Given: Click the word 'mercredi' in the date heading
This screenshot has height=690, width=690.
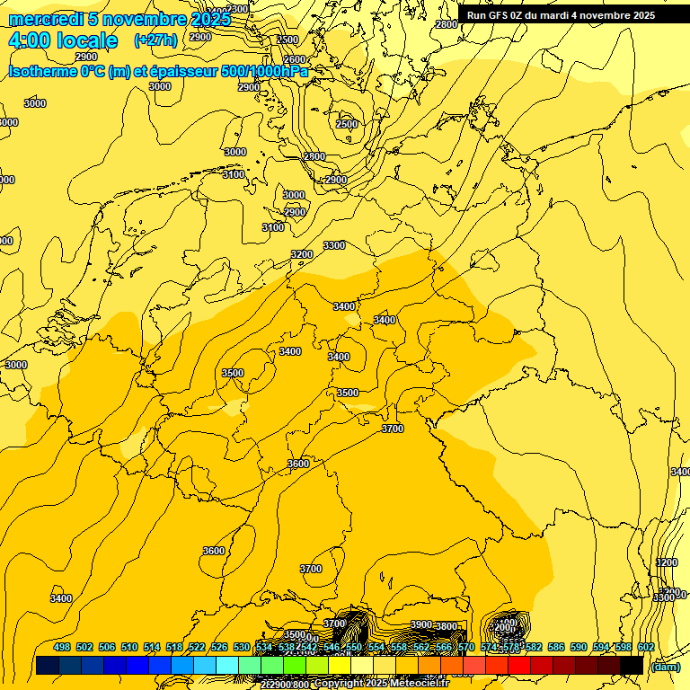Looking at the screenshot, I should click(x=46, y=18).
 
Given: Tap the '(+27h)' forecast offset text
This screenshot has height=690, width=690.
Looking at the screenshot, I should click(x=155, y=40).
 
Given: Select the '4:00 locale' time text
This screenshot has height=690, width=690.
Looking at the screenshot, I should click(x=63, y=40).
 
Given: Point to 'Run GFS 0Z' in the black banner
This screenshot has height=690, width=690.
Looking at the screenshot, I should click(x=494, y=15).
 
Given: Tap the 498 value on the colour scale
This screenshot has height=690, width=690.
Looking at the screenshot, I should click(x=62, y=647).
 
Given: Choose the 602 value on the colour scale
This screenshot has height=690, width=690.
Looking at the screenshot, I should click(x=646, y=647).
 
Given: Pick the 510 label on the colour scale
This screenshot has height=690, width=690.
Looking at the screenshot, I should click(x=129, y=647).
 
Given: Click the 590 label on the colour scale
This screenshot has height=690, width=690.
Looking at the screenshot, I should click(x=579, y=647).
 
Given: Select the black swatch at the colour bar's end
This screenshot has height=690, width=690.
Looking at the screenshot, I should click(x=632, y=665).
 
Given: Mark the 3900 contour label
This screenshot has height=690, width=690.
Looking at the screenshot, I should click(x=421, y=624).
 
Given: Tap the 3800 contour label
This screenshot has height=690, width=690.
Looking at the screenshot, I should click(x=447, y=626).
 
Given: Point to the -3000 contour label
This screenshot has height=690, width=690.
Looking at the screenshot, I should click(x=15, y=365).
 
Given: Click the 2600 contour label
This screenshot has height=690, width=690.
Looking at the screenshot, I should click(x=294, y=59).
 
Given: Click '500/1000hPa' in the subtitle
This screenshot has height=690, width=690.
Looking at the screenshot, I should click(x=264, y=72).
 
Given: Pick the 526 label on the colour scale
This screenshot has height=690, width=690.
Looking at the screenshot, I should click(x=219, y=647).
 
